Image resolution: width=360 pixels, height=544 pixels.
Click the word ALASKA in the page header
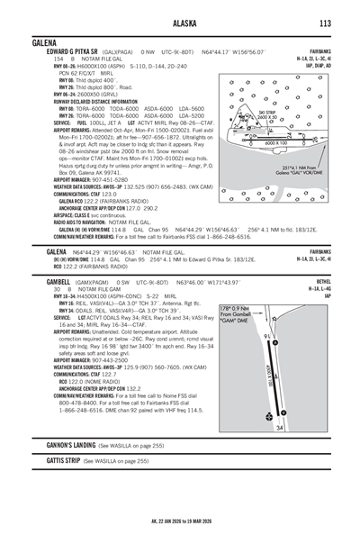[181, 23]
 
